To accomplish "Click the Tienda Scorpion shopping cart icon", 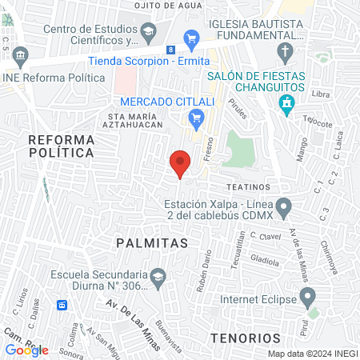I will click(x=190, y=38).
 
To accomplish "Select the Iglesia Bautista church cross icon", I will click(x=284, y=54).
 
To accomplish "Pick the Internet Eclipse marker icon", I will click(x=307, y=300).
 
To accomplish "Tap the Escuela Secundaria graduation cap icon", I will click(x=158, y=277).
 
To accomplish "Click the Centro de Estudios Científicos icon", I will click(x=148, y=31).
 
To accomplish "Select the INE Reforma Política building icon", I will click(x=20, y=56).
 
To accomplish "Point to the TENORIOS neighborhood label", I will click(x=246, y=338).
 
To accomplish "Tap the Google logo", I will click(x=26, y=350).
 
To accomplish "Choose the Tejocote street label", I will click(x=318, y=123).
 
